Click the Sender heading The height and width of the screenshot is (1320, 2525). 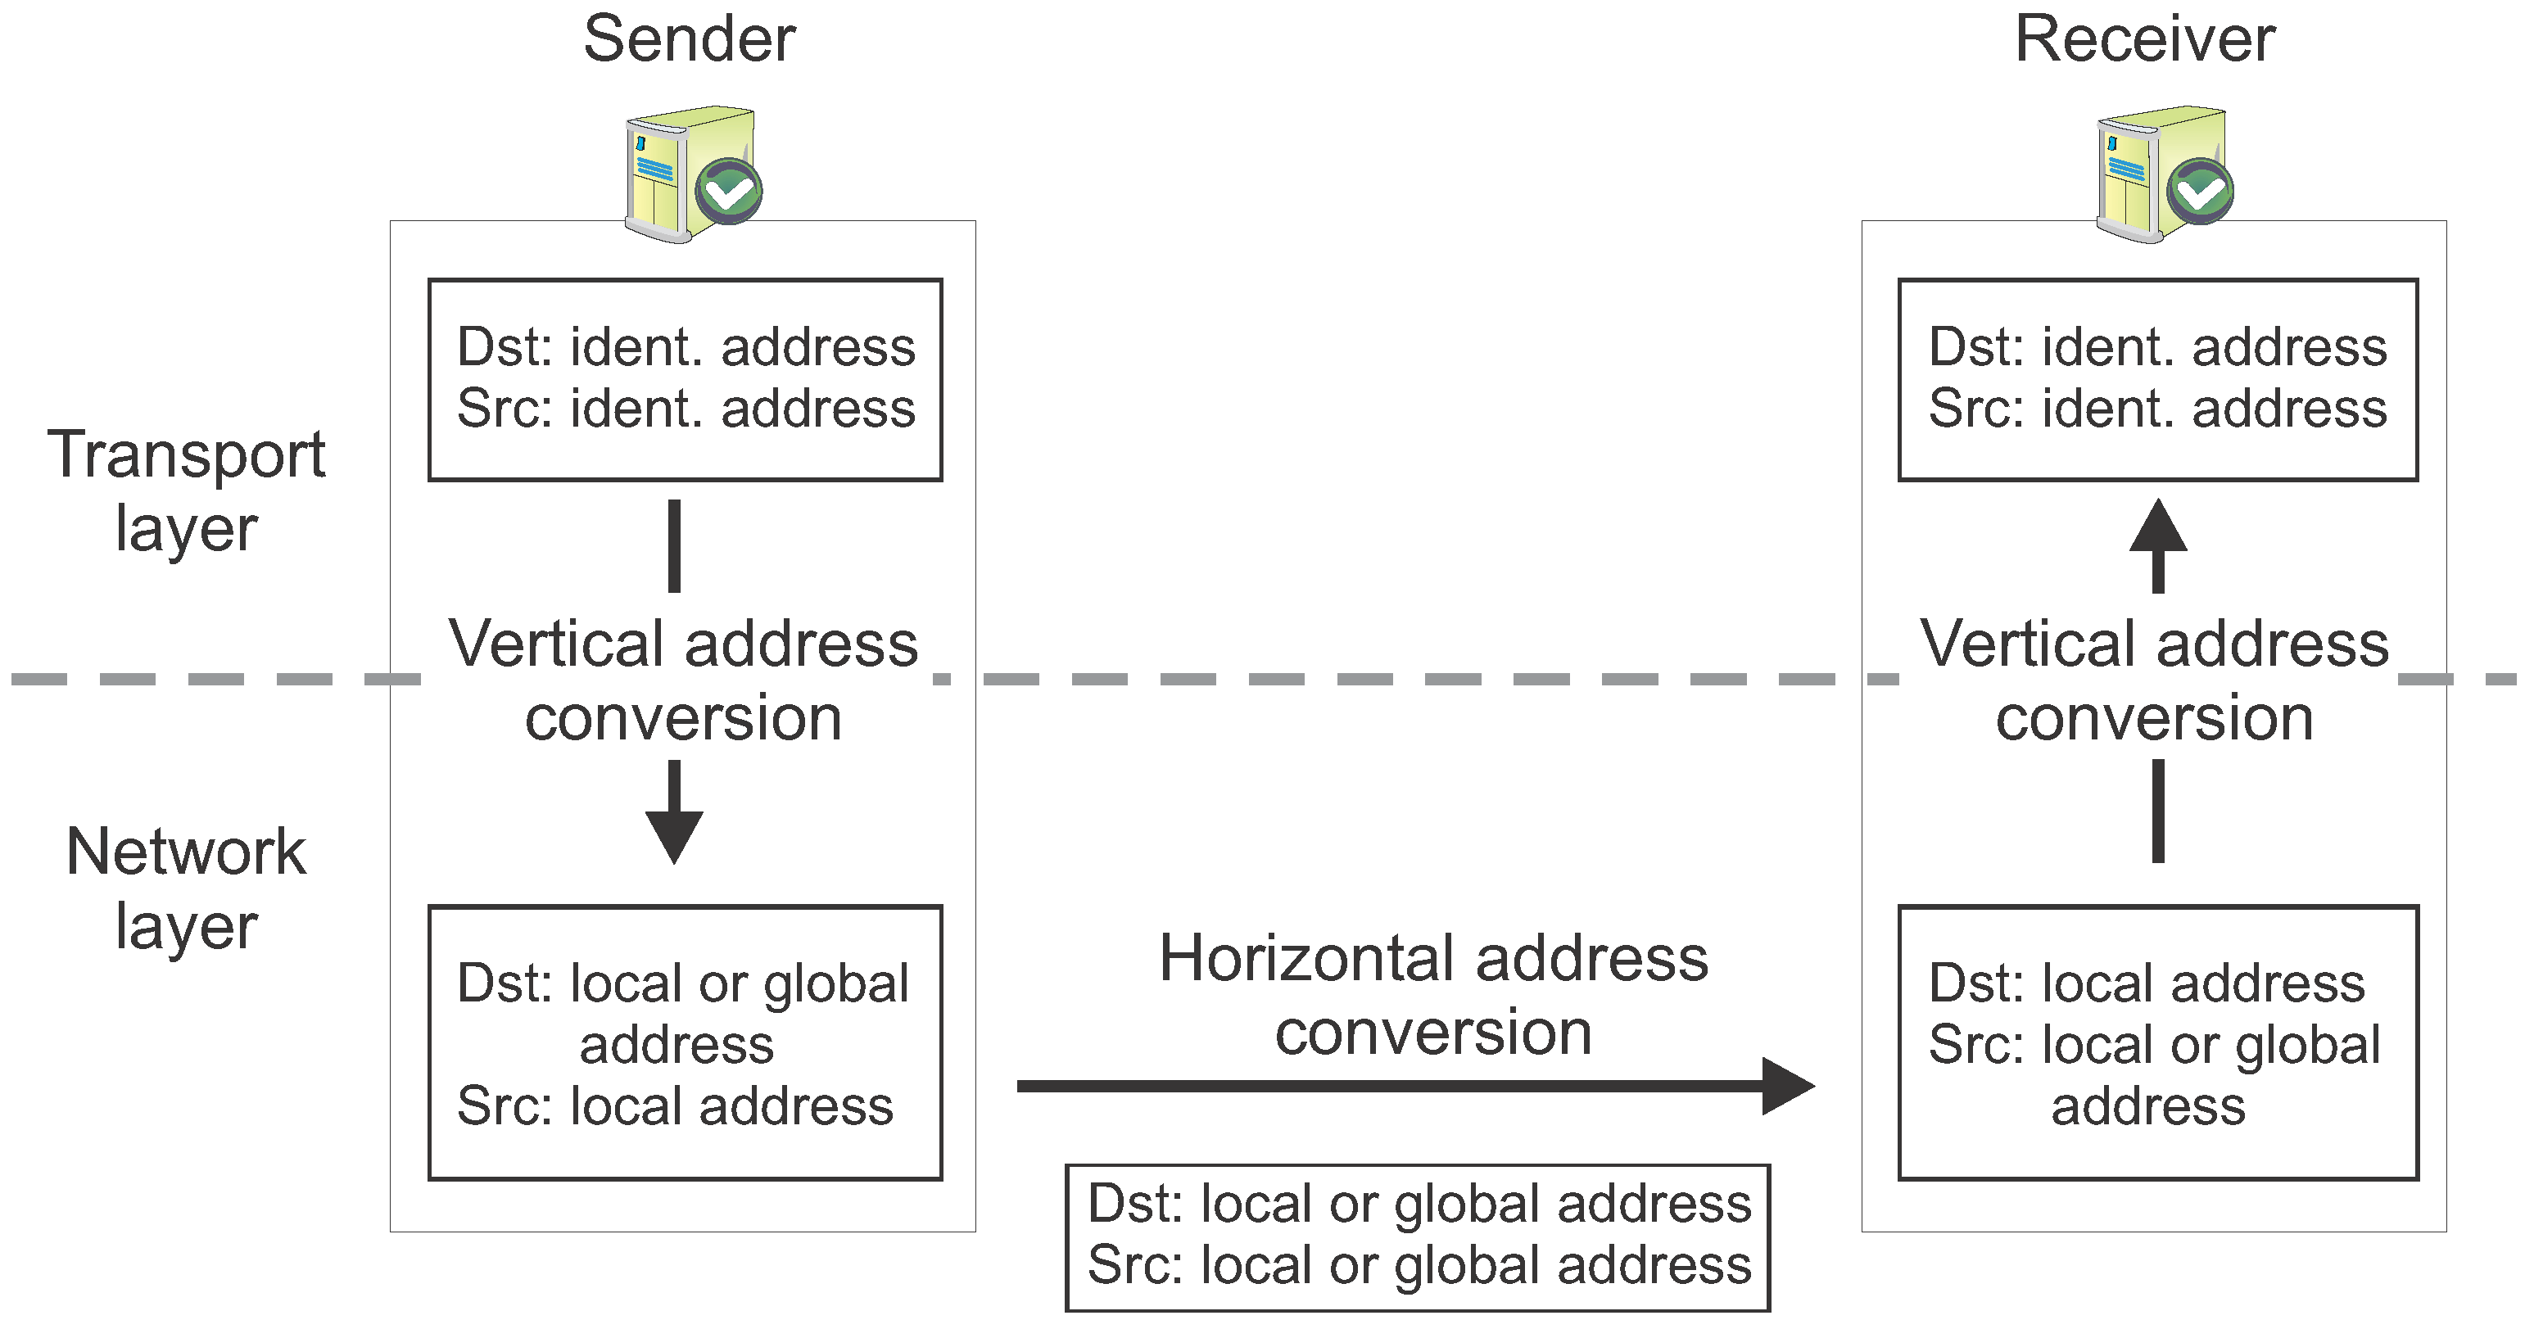pyautogui.click(x=689, y=40)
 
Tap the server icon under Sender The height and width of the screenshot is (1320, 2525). pyautogui.click(x=677, y=174)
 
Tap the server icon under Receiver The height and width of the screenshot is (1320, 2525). pyautogui.click(x=2147, y=174)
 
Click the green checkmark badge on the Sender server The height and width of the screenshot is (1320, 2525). pyautogui.click(x=729, y=190)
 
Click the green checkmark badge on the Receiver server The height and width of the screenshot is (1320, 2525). pyautogui.click(x=2201, y=190)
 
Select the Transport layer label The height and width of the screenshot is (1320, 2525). pyautogui.click(x=186, y=490)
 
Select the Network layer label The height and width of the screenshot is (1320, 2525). pyautogui.click(x=186, y=887)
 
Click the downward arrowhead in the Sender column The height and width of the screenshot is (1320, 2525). pyautogui.click(x=674, y=835)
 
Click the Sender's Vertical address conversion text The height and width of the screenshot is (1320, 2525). pyautogui.click(x=683, y=680)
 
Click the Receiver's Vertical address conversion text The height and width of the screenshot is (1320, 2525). pyautogui.click(x=2155, y=680)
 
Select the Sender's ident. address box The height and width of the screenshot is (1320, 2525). pyautogui.click(x=686, y=379)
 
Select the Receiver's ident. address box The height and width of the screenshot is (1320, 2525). pyautogui.click(x=2157, y=379)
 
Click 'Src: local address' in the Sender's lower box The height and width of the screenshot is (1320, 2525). pyautogui.click(x=676, y=1106)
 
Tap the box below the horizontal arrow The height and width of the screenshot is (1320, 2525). pyautogui.click(x=1418, y=1236)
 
